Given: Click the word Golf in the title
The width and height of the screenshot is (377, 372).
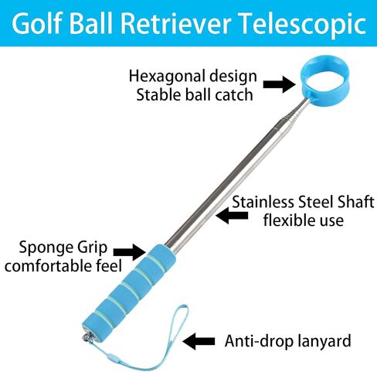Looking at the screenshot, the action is [36, 23].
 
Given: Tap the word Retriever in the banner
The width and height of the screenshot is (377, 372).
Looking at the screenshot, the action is [175, 23].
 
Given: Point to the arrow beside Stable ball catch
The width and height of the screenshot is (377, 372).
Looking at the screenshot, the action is [279, 84].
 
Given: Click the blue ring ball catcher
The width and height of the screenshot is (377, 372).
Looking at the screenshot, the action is [324, 61].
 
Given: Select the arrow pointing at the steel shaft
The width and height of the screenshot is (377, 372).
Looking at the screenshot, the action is [232, 215].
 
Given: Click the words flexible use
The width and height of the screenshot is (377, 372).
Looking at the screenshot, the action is [304, 220].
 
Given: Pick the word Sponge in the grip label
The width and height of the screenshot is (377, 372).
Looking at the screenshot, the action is [43, 247].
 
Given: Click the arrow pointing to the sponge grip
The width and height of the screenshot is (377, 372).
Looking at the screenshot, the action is [129, 252].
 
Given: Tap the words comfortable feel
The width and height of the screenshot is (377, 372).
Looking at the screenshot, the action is [63, 265].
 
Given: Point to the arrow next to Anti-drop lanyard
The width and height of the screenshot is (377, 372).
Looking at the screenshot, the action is [199, 341].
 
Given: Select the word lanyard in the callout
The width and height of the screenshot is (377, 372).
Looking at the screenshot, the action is [324, 342].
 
